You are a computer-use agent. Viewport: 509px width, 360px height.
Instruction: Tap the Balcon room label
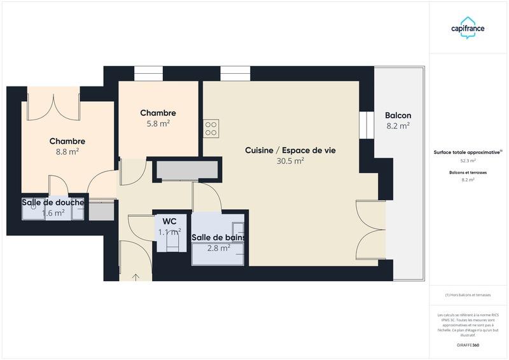pyautogui.click(x=398, y=116)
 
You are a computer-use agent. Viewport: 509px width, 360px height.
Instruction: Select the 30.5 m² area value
pyautogui.click(x=290, y=161)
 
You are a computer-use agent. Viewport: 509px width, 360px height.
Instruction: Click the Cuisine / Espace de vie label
pyautogui.click(x=290, y=150)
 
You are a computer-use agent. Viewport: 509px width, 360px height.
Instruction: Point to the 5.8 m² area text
pyautogui.click(x=158, y=124)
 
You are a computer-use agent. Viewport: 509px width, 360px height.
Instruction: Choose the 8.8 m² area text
pyautogui.click(x=67, y=152)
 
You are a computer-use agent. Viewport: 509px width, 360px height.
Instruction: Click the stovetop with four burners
pyautogui.click(x=211, y=128)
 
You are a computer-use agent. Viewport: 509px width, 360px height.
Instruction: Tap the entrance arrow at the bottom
pyautogui.click(x=136, y=277)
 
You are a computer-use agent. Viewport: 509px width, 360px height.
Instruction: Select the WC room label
pyautogui.click(x=169, y=221)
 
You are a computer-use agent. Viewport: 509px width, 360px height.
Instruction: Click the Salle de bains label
pyautogui.click(x=218, y=238)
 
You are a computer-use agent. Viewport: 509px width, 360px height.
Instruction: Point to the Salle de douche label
pyautogui.click(x=53, y=203)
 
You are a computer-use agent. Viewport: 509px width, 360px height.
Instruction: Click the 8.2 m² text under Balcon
pyautogui.click(x=398, y=126)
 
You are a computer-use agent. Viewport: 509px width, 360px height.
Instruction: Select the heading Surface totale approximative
pyautogui.click(x=468, y=153)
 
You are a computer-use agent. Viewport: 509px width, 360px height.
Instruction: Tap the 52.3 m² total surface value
pyautogui.click(x=468, y=161)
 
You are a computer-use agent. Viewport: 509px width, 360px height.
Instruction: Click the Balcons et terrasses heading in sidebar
pyautogui.click(x=468, y=172)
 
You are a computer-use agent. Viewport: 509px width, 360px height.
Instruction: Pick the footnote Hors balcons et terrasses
pyautogui.click(x=468, y=295)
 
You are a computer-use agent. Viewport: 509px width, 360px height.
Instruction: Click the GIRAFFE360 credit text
pyautogui.click(x=468, y=345)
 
